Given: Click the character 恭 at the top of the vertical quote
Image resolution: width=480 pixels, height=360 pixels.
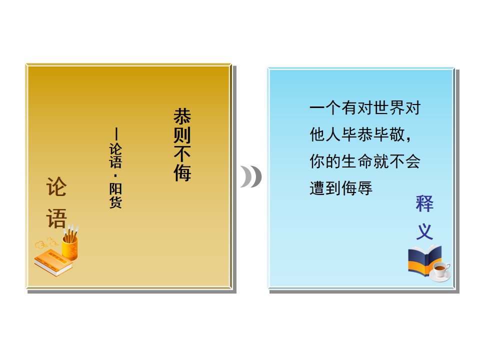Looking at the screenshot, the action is [x=182, y=116].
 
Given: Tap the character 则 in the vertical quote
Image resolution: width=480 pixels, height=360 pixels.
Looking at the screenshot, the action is [x=182, y=134].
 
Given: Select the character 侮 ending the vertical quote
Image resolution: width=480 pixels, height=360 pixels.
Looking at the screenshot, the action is [x=182, y=172].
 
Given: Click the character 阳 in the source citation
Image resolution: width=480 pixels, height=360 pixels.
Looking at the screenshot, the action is [x=115, y=188].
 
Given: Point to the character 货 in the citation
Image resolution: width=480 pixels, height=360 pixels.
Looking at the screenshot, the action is [x=115, y=202].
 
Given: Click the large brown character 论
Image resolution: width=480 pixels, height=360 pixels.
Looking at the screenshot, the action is [x=56, y=186].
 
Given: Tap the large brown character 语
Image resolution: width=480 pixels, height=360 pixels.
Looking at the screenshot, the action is [x=56, y=218].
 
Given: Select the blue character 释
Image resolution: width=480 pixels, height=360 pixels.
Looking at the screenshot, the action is [x=424, y=203].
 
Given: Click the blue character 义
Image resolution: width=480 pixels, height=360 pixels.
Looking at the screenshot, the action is [x=424, y=231].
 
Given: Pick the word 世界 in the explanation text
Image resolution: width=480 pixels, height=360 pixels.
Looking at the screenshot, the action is [x=389, y=108].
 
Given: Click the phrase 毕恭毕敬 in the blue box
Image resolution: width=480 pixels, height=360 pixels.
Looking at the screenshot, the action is [x=373, y=134].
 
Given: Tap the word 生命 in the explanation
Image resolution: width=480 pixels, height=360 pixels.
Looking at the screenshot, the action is [x=357, y=161].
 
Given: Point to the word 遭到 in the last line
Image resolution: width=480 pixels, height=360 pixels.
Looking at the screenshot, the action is [x=325, y=188].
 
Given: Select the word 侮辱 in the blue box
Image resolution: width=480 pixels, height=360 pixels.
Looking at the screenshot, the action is [x=357, y=188].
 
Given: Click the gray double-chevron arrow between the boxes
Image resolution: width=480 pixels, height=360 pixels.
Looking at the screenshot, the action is [x=251, y=176].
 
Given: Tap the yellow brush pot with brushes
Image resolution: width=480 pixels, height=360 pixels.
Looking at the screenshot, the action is [x=70, y=243].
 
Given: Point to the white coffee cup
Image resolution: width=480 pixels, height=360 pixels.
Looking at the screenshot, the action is [x=440, y=271].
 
